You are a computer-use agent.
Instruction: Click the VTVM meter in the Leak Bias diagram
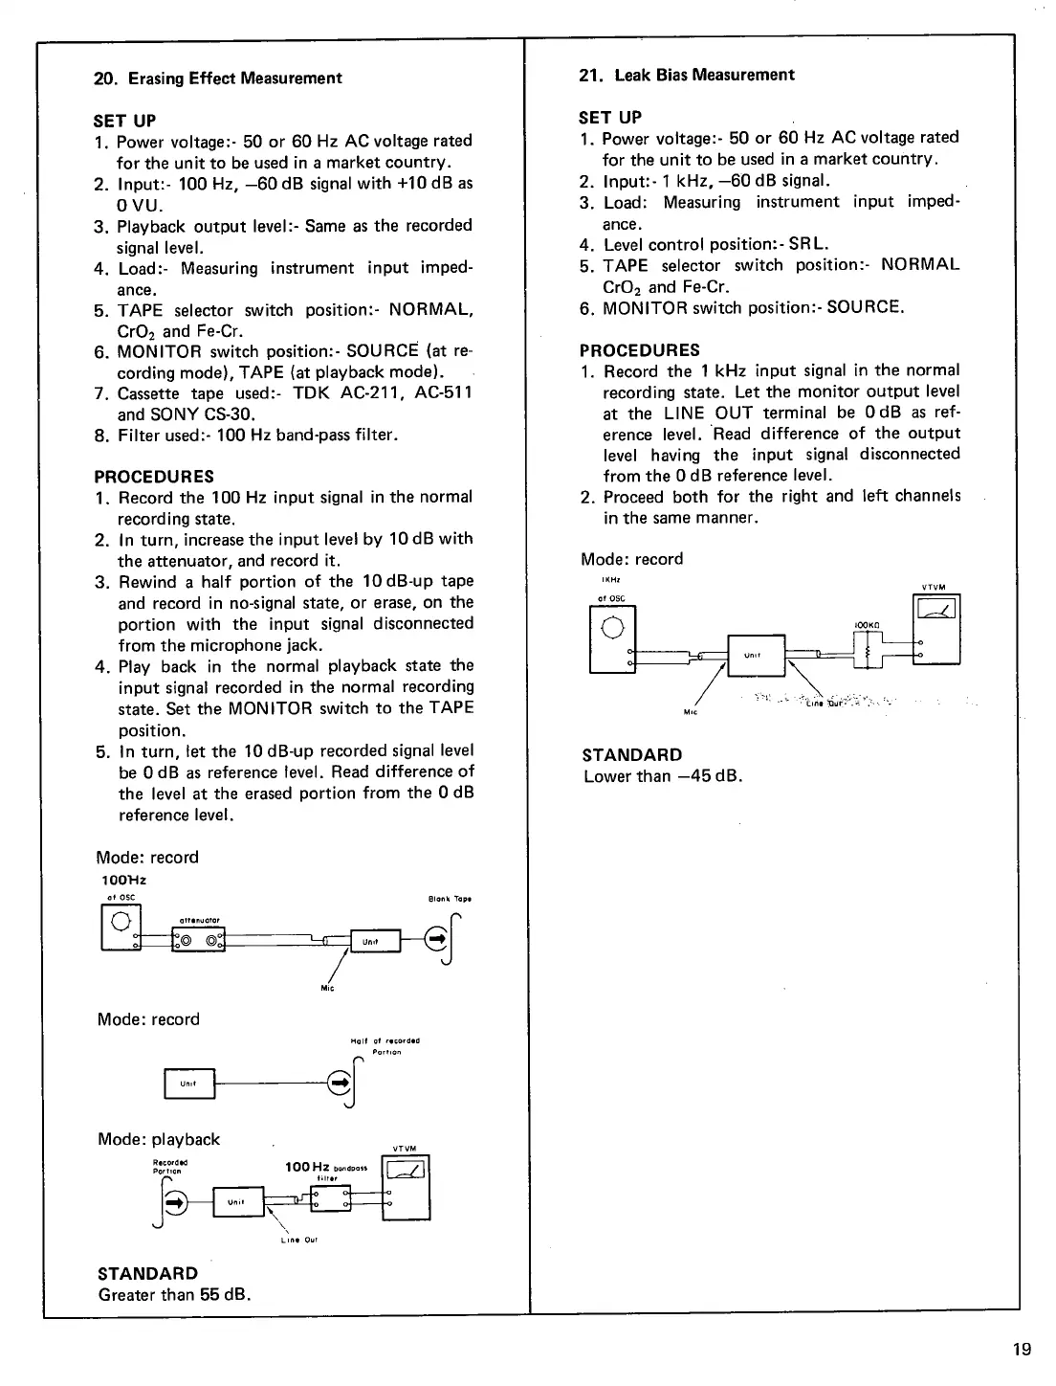coord(937,629)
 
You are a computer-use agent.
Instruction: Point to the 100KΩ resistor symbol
coord(868,651)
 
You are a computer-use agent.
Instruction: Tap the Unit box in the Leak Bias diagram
coord(756,655)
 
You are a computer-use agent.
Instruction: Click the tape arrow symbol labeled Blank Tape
coord(438,940)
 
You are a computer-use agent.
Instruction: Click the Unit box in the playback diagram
coord(238,1202)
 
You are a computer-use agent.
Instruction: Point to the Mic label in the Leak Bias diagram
coord(689,712)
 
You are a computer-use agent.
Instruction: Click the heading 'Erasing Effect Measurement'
coord(234,78)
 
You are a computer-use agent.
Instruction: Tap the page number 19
coord(1022,1350)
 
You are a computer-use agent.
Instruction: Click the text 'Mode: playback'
coord(159,1139)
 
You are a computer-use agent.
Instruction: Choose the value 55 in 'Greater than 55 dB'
coord(209,1295)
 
